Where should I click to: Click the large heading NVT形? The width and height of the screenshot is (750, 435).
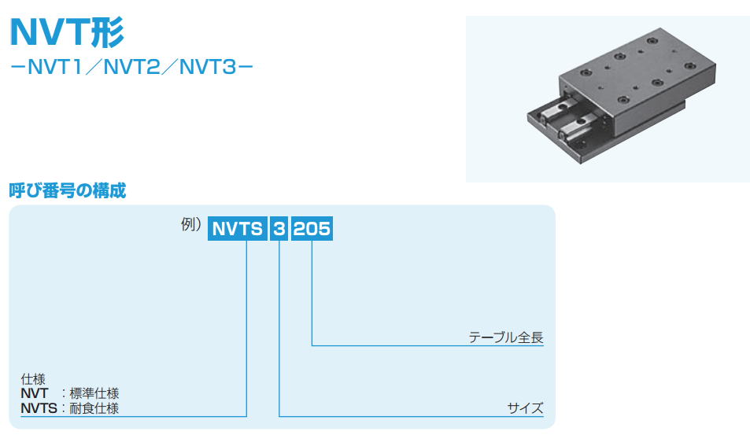click(67, 32)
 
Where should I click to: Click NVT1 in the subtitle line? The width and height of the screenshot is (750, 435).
click(56, 68)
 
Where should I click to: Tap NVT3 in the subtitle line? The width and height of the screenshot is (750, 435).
click(208, 68)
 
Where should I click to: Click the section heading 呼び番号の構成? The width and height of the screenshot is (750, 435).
click(68, 190)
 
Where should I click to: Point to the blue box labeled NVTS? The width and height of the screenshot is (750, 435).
click(237, 228)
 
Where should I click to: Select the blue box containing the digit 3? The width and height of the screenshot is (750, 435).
click(279, 228)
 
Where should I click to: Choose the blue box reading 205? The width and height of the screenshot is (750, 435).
click(312, 228)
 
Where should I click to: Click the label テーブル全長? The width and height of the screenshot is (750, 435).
click(506, 337)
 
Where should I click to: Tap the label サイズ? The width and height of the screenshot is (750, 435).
click(525, 408)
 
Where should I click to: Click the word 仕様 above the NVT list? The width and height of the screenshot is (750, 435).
click(33, 379)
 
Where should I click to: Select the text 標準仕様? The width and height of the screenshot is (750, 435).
click(94, 393)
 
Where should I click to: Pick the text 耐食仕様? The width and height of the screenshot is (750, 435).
click(94, 408)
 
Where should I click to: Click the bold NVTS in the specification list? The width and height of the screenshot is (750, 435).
click(39, 408)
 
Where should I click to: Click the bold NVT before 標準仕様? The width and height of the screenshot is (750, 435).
click(35, 393)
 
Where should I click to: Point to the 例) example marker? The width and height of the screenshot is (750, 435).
click(191, 224)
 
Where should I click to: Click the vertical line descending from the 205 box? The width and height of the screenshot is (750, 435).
click(312, 293)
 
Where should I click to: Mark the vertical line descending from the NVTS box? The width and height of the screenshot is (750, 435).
click(246, 328)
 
